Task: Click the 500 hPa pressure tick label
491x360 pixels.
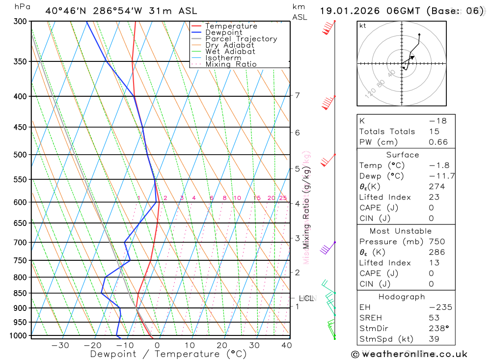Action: click(20, 155)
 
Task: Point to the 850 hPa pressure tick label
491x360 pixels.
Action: click(20, 293)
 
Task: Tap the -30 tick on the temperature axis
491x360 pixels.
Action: click(60, 345)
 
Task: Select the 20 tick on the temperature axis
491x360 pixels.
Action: click(222, 345)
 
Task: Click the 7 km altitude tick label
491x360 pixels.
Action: click(297, 95)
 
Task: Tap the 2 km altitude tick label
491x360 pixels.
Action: click(297, 272)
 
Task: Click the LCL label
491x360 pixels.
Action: click(306, 298)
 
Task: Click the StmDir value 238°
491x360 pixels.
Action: click(438, 328)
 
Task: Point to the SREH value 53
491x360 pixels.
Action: click(434, 318)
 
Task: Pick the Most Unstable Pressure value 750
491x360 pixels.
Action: click(436, 242)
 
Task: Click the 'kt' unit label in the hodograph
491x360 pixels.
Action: click(363, 26)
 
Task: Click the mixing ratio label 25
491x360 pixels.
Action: click(283, 198)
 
